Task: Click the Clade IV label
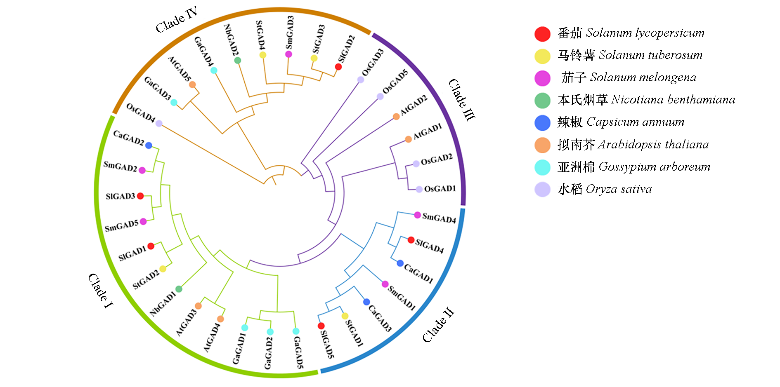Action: coord(176,20)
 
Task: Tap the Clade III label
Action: coord(462,100)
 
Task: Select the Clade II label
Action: coord(438,325)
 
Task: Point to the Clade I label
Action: coord(100,291)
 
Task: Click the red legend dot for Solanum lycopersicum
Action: coord(542,34)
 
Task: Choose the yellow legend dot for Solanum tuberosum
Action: coord(542,56)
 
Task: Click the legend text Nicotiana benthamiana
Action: coord(673,100)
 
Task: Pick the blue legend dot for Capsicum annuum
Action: coord(542,123)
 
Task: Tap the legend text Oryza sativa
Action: coord(618,189)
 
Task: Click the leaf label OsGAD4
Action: coord(140,113)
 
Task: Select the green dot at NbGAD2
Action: coord(238,61)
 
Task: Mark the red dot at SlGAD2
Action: coord(338,67)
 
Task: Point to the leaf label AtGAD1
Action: coord(428,131)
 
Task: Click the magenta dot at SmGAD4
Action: coord(418,215)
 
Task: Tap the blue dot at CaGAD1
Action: coord(400,263)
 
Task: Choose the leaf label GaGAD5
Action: coord(298,352)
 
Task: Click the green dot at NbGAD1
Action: coord(179,289)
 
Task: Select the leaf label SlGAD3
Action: coord(120,196)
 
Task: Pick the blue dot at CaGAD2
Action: coord(149,145)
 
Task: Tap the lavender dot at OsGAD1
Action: coord(419,189)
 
